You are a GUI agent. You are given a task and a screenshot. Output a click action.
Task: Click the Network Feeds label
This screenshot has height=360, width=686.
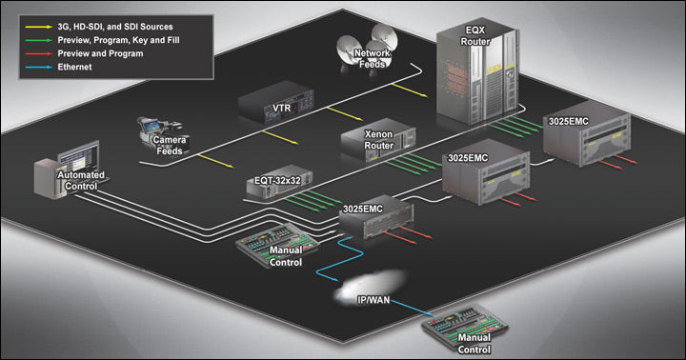point(372,61)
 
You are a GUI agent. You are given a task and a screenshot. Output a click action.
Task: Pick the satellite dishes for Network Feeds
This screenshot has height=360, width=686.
point(354,43)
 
